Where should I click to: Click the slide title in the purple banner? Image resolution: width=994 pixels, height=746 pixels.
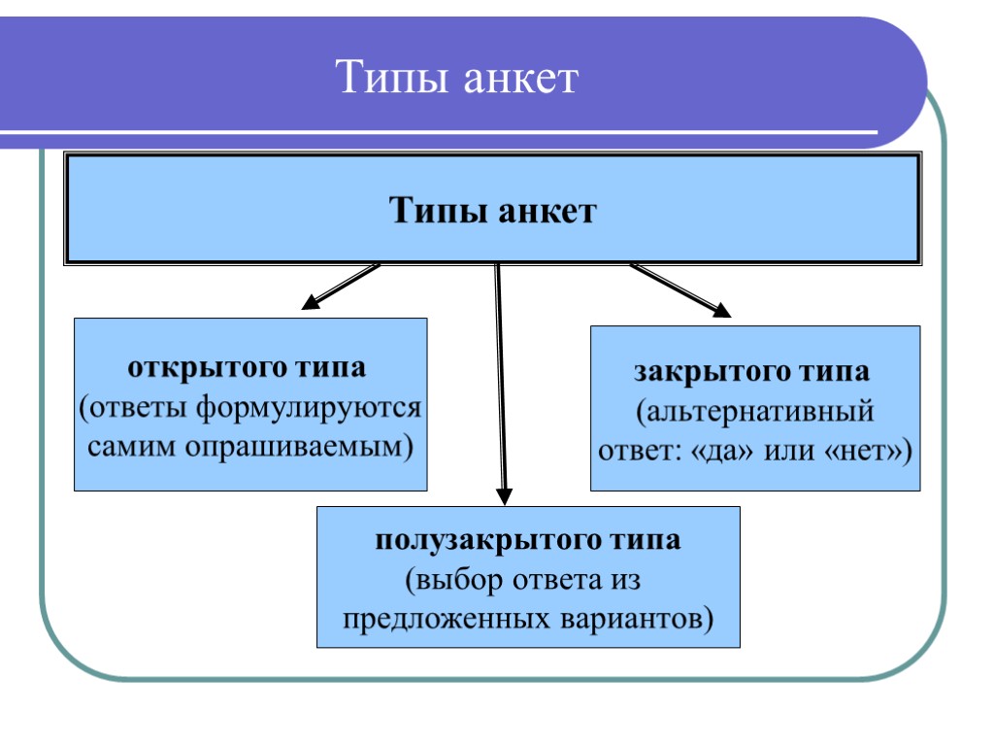(x=456, y=78)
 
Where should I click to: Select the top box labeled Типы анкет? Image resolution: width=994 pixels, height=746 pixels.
(x=492, y=209)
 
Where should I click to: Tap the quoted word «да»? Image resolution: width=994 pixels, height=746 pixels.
(x=718, y=451)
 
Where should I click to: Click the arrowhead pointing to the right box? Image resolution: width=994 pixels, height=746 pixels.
(x=721, y=311)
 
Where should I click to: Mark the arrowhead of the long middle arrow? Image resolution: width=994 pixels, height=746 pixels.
(x=504, y=496)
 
